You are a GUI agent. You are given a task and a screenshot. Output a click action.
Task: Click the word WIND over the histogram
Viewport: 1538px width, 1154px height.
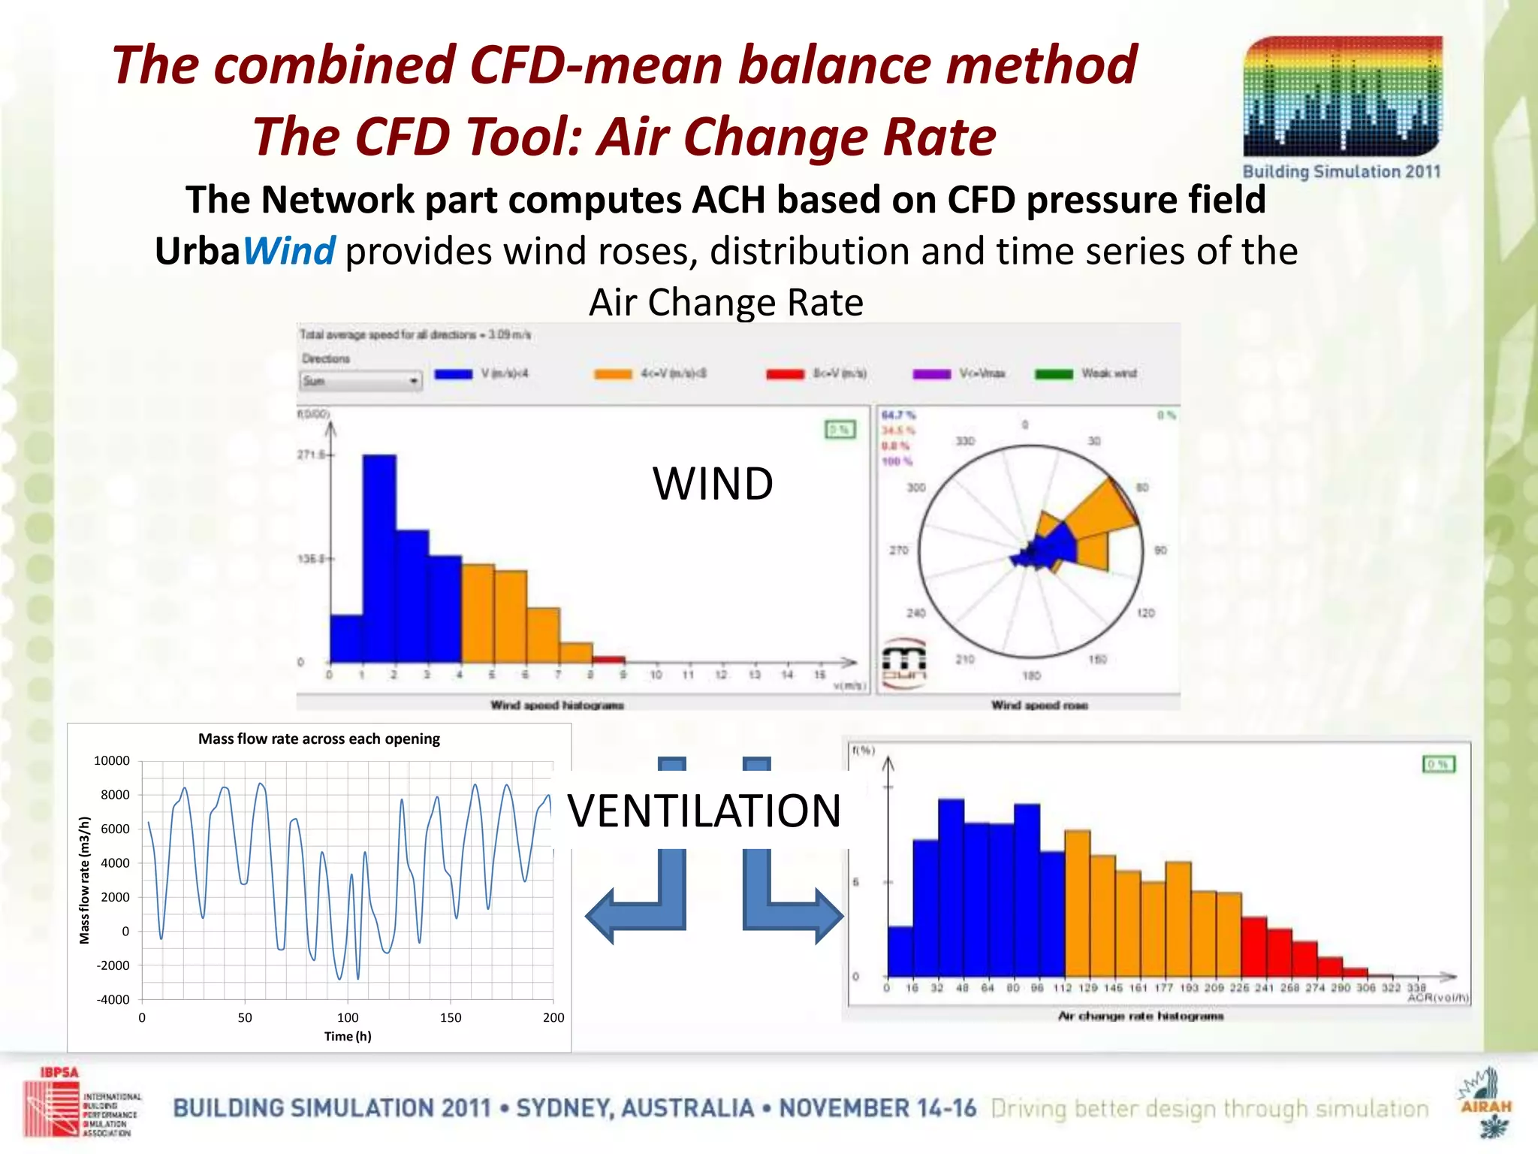(x=713, y=483)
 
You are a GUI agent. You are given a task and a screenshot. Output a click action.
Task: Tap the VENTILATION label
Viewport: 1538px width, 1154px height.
(x=704, y=811)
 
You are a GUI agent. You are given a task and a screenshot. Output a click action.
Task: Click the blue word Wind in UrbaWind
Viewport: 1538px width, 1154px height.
(x=289, y=251)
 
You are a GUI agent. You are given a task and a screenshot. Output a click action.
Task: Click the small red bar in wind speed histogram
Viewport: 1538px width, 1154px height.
(x=609, y=660)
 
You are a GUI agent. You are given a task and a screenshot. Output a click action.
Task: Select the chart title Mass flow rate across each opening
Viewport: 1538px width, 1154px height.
(x=318, y=739)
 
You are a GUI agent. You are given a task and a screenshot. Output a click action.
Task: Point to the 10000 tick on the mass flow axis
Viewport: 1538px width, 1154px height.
(x=112, y=760)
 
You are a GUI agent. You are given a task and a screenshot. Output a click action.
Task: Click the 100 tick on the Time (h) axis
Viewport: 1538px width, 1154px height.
(x=348, y=1017)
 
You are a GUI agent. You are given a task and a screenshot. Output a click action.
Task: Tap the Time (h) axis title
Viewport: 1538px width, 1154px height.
(x=348, y=1036)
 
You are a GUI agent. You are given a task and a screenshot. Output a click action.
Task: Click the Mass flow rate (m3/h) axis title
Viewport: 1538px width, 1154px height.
(x=84, y=880)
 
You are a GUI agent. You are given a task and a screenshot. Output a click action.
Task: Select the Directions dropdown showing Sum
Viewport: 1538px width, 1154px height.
(x=360, y=381)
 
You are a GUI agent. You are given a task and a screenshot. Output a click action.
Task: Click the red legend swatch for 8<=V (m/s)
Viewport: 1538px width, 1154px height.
(x=785, y=374)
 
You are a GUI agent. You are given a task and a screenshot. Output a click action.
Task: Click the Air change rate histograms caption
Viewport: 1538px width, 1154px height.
(x=1140, y=1016)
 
